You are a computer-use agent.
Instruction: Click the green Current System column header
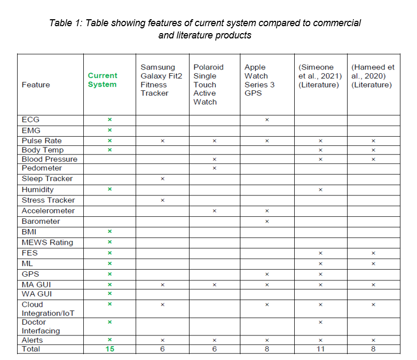point(103,80)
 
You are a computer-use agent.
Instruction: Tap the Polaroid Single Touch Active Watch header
point(208,84)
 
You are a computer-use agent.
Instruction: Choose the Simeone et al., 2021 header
point(319,76)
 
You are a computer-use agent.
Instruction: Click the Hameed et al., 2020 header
point(373,76)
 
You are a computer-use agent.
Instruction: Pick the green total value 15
point(109,349)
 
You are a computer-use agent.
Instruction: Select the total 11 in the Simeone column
point(320,349)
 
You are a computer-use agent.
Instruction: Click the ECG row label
point(30,120)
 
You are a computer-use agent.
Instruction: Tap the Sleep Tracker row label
point(47,178)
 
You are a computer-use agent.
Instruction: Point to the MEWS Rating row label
point(48,242)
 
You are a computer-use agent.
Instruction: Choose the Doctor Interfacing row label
point(41,326)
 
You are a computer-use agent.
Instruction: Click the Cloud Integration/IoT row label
point(48,309)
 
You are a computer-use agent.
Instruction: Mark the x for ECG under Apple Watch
point(267,120)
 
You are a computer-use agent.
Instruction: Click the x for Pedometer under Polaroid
point(214,168)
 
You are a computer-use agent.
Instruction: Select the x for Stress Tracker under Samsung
point(162,200)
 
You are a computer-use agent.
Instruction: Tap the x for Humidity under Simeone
point(320,190)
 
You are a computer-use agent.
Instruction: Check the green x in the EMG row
point(109,130)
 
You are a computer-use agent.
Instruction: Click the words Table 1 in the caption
point(65,23)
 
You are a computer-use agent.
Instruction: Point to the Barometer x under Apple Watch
point(267,221)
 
